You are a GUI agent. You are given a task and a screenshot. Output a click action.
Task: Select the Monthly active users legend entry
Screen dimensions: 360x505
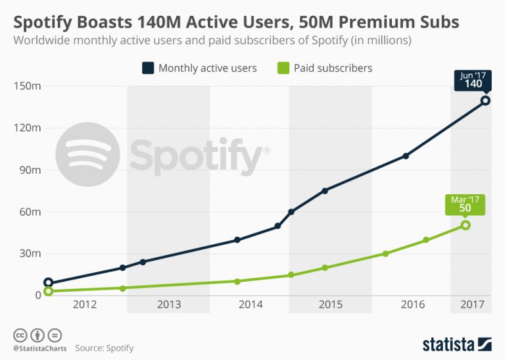[200, 68]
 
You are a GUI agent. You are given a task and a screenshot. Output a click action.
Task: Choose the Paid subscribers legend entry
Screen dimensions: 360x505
[326, 68]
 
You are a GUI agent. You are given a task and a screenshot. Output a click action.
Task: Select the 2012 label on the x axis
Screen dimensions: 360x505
[85, 305]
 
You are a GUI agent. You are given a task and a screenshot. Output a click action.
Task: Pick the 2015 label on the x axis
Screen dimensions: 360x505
[331, 305]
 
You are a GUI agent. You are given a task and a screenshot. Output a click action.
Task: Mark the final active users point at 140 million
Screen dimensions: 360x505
[485, 100]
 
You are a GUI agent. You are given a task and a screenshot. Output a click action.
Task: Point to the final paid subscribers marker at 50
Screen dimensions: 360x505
[466, 225]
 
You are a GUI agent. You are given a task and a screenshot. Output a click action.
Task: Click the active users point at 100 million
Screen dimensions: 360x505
[406, 156]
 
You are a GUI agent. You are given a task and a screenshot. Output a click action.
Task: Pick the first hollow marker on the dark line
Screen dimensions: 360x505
[48, 282]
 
